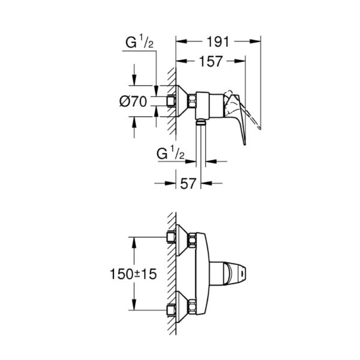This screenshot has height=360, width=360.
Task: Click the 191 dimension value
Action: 218,42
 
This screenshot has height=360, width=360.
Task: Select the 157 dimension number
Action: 211,61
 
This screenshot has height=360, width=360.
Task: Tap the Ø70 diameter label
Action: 133,101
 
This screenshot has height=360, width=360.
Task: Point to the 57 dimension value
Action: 188,184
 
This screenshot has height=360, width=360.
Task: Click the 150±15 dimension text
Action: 133,274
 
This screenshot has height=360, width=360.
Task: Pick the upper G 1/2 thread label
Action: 139,43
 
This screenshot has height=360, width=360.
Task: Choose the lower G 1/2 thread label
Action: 170,154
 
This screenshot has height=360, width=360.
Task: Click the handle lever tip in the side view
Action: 245,143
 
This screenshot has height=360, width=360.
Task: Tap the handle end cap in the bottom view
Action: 242,274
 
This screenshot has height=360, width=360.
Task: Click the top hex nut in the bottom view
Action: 192,241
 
